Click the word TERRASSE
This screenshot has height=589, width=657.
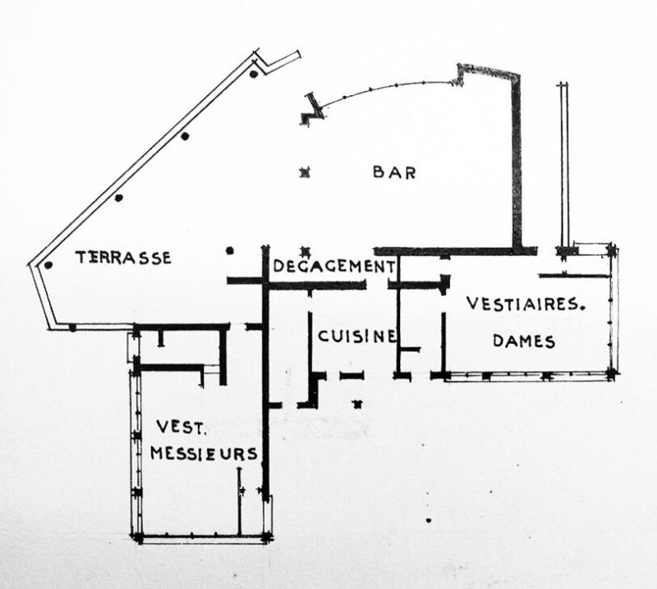[x=123, y=258]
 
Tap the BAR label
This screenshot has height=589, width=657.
[x=394, y=172]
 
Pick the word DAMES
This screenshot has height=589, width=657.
[x=524, y=341]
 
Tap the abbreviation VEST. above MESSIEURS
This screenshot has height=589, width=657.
[x=173, y=427]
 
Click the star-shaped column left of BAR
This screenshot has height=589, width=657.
[x=305, y=172]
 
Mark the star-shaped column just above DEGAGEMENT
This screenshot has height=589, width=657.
[x=305, y=250]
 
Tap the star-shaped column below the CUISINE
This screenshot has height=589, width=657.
[x=356, y=403]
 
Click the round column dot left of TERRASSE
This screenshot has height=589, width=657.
[x=48, y=264]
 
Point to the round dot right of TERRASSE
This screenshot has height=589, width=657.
[x=230, y=250]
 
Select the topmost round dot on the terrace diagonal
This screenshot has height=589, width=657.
[x=254, y=74]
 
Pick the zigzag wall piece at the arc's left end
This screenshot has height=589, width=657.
[x=310, y=109]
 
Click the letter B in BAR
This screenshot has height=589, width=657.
[x=379, y=172]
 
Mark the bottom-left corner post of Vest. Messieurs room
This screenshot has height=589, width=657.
[x=138, y=538]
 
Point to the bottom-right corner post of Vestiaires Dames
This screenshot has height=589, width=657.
[x=612, y=374]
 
